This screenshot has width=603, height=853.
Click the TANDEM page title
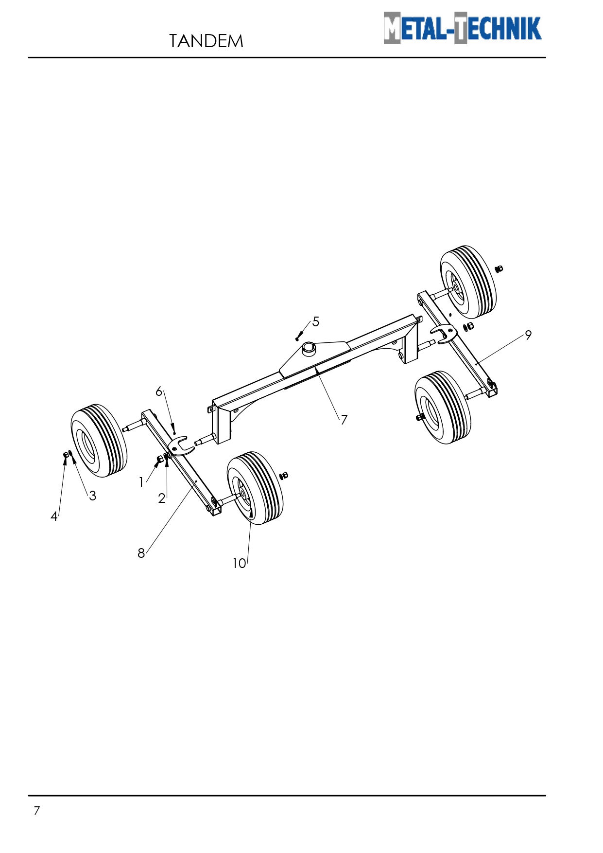pos(206,41)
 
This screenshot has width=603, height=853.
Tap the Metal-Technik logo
pos(462,28)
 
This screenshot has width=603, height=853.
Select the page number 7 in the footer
pos(36,811)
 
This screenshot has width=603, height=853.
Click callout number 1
pos(141,482)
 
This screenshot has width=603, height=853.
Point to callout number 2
pos(162,498)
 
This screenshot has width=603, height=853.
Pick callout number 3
pos(92,496)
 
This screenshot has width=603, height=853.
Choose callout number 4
pos(54,516)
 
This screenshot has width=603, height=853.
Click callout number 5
pos(316,321)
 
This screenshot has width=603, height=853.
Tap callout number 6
pos(159,391)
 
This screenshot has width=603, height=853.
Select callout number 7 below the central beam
pos(344,419)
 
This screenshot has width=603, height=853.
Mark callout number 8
pos(141,553)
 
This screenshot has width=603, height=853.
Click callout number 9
pos(528,335)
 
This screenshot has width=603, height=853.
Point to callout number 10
pos(239,563)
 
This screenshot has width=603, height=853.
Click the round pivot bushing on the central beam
pos(309,348)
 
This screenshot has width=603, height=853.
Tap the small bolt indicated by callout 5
pos(297,338)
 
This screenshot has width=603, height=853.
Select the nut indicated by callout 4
pos(66,455)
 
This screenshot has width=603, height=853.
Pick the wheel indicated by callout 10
pos(255,488)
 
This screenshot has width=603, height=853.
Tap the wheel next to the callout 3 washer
pos(99,441)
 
